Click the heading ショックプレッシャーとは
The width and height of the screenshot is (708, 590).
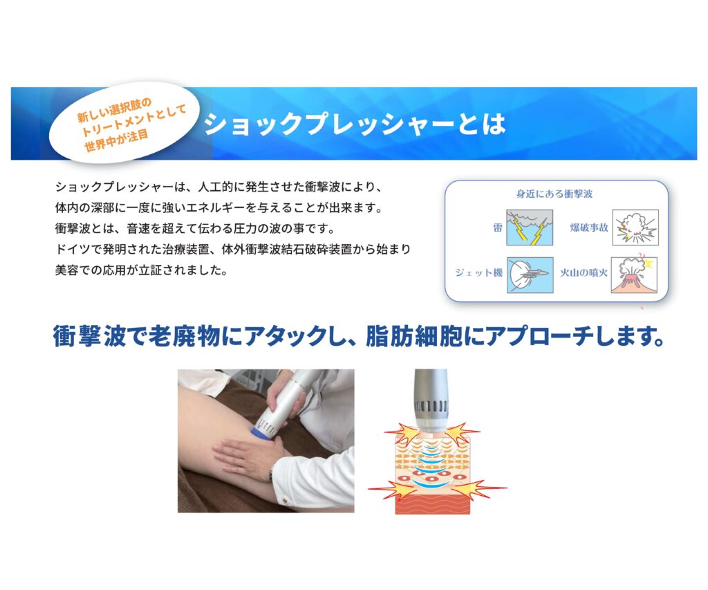(x=355, y=124)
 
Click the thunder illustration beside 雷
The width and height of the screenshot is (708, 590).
(x=529, y=228)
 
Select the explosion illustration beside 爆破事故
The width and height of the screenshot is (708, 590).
(x=635, y=228)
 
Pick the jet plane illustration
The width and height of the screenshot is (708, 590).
(x=530, y=275)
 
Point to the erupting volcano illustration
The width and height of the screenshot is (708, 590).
(x=634, y=275)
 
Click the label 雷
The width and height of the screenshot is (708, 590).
(x=497, y=228)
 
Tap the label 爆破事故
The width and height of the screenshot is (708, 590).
(x=589, y=228)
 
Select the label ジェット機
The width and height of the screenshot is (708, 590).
(x=478, y=273)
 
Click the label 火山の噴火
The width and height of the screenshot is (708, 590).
(x=584, y=273)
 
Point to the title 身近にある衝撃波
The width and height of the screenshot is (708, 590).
(x=555, y=194)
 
